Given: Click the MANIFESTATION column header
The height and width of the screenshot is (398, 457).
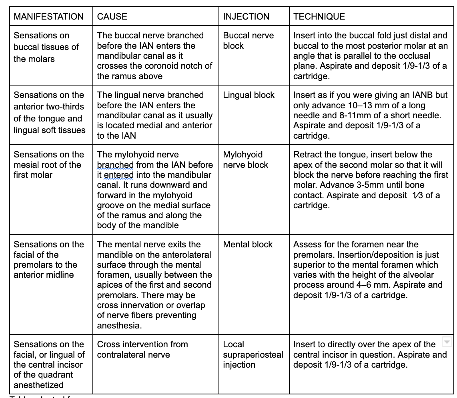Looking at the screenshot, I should pos(48,17).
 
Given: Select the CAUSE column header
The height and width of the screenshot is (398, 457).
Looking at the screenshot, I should pos(112,17).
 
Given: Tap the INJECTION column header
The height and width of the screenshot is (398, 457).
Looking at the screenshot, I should pos(246,17).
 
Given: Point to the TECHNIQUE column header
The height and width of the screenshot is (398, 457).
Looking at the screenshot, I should pos(319,17).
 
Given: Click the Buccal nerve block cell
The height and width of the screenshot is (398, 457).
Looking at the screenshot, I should pos(248,40).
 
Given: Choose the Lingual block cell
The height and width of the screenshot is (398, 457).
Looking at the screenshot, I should pos(249,95).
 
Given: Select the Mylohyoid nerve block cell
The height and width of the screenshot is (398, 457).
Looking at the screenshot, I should pos(245,160).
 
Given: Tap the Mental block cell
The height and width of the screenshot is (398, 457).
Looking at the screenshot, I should pos(248,245).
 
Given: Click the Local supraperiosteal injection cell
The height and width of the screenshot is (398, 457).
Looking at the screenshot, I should pos(253,354).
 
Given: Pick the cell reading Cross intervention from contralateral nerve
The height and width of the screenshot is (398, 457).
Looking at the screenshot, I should pos(142,349).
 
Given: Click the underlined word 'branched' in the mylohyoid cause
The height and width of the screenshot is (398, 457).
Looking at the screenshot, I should pos(115,165).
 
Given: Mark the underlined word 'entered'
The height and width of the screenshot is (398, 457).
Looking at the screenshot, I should pos(118,175).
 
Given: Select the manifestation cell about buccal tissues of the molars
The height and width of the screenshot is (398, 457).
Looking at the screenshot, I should pos(46,47).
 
